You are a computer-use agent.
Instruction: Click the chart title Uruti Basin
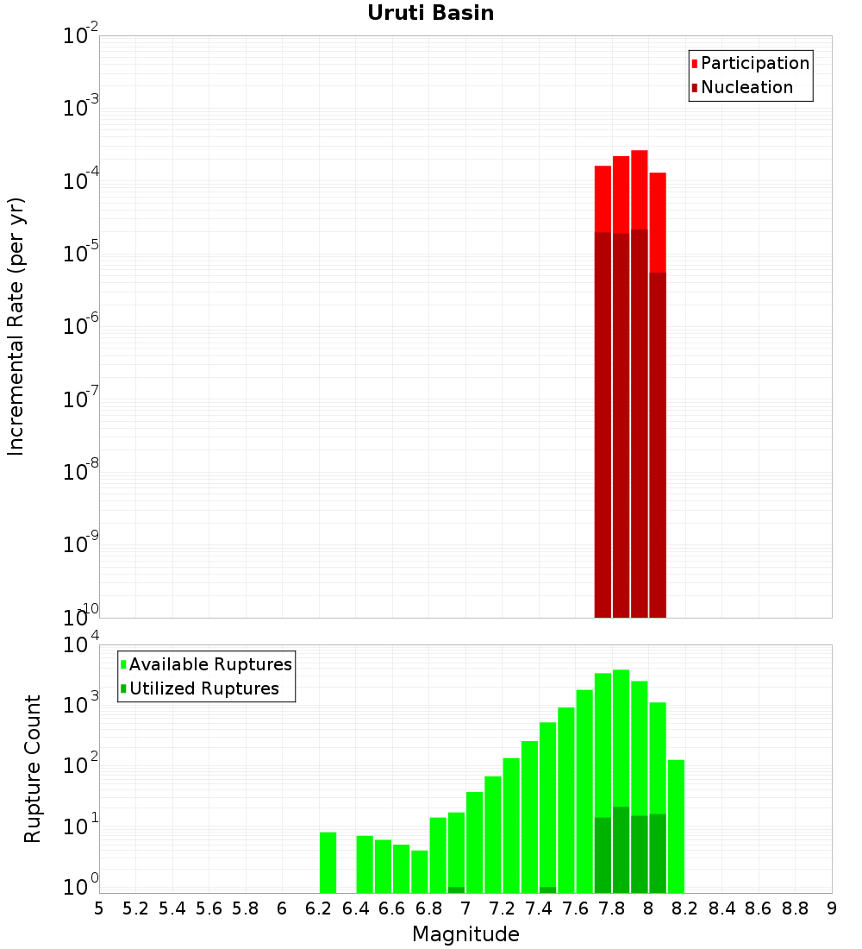point(430,13)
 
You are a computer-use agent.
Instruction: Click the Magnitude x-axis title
point(465,934)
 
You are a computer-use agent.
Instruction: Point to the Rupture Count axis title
point(33,769)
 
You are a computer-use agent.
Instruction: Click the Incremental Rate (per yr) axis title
point(16,327)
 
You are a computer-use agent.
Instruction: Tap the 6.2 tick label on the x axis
point(319,908)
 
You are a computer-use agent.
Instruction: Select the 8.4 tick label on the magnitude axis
point(722,908)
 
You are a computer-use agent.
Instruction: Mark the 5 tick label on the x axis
point(99,908)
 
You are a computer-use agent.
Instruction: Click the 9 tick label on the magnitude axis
point(832,908)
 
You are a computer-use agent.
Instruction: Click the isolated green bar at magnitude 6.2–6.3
point(328,862)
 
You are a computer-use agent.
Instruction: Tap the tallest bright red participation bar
point(640,190)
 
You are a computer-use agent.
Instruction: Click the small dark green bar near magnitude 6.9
point(456,889)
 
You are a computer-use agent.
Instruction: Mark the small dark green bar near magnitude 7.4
point(547,889)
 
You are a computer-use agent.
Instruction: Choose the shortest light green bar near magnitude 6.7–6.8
point(420,871)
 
